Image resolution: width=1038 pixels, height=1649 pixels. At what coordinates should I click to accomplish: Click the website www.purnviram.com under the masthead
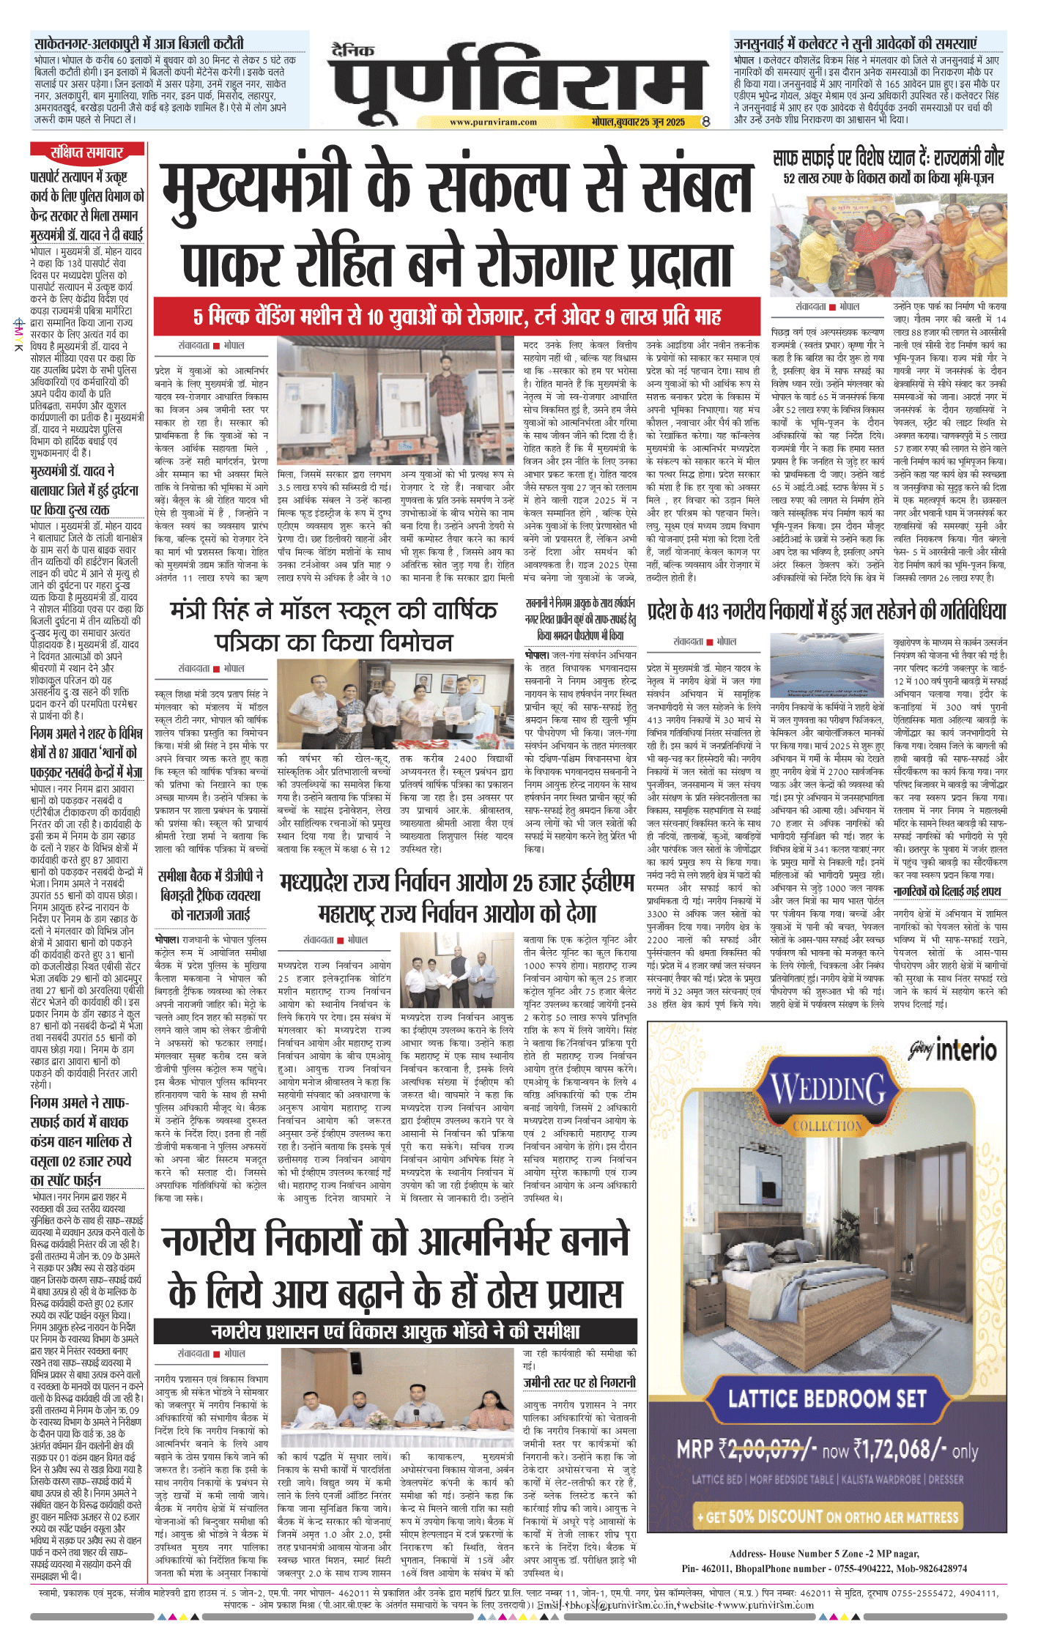492,122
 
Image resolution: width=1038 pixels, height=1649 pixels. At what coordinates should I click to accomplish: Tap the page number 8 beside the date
705,122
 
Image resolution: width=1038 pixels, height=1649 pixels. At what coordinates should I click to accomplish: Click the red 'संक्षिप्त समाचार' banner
87,152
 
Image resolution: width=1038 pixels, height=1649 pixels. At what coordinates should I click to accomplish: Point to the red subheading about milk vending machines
457,316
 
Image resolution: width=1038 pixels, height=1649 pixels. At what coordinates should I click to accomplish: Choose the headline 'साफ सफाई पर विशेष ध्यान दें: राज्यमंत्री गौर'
888,158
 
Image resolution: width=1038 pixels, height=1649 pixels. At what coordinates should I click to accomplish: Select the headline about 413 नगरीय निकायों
826,611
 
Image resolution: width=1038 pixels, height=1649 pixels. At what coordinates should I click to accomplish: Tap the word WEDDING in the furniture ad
828,1089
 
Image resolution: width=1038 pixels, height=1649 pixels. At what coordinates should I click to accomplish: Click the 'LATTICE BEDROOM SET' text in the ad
827,1398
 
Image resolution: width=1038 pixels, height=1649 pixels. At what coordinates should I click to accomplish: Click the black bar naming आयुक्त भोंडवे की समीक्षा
395,1331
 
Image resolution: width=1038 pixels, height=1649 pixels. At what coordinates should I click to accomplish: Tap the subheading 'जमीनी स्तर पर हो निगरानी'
579,1382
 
